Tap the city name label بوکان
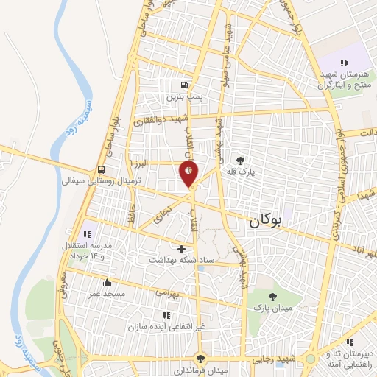(266, 219)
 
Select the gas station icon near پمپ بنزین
(185, 85)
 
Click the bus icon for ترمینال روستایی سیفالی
(101, 168)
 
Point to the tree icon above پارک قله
(239, 158)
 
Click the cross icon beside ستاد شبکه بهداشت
(181, 249)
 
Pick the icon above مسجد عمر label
(107, 282)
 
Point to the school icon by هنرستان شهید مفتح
(343, 63)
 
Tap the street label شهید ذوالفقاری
(158, 119)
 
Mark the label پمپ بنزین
(183, 96)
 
